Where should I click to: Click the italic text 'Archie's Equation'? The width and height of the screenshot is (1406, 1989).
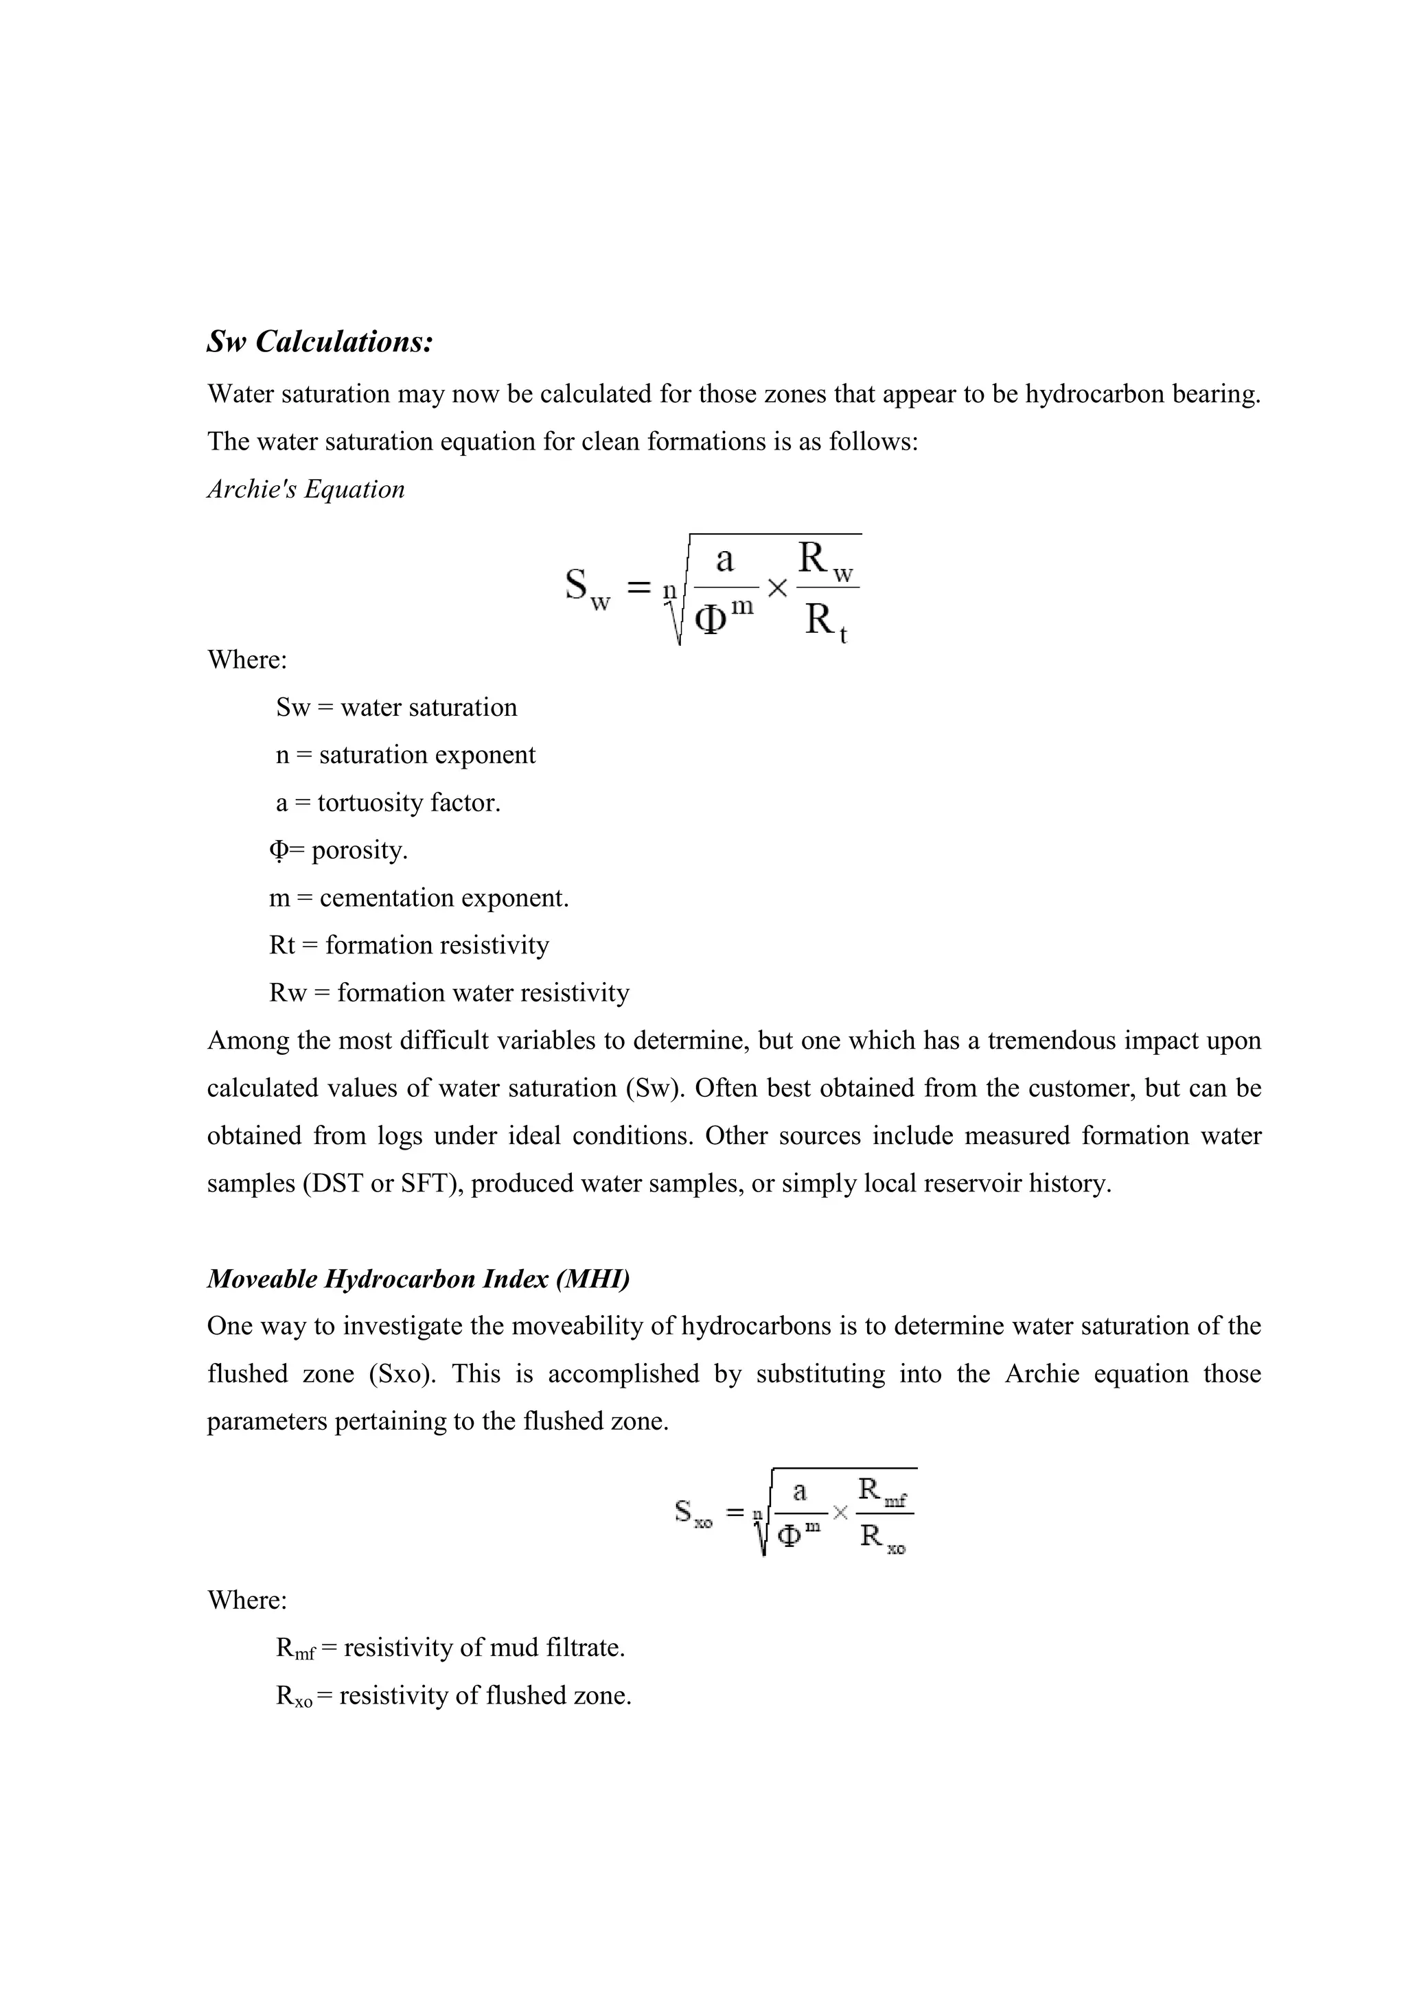(305, 489)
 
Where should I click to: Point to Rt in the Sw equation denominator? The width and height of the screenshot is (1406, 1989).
(824, 622)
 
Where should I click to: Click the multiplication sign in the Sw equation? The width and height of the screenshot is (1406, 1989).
(777, 589)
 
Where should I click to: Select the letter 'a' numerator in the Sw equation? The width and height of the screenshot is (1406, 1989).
(724, 561)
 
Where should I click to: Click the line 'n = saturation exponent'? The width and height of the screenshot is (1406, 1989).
(406, 754)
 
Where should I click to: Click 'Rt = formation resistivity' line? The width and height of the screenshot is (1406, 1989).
(409, 944)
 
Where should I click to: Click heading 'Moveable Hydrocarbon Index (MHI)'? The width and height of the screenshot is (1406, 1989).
(417, 1279)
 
